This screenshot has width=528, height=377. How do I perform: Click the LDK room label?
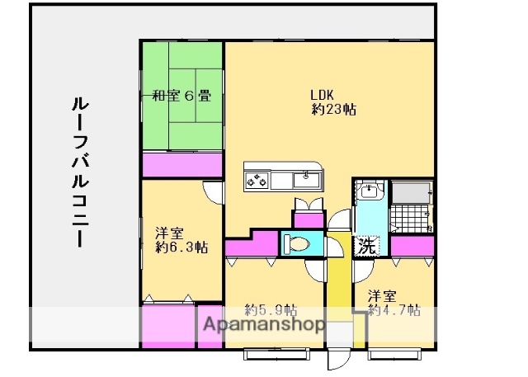click(x=323, y=93)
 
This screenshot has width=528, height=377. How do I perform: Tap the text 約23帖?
click(x=333, y=109)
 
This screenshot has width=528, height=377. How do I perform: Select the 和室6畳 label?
click(x=181, y=96)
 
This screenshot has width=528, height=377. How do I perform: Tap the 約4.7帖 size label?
click(x=394, y=311)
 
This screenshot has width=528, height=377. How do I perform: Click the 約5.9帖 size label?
click(x=271, y=311)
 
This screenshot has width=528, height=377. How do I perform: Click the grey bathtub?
click(x=412, y=192)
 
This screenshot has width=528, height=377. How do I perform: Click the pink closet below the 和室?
click(x=181, y=164)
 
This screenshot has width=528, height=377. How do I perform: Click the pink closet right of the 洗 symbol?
click(x=412, y=246)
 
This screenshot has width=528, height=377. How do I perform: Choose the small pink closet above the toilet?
click(x=309, y=219)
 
